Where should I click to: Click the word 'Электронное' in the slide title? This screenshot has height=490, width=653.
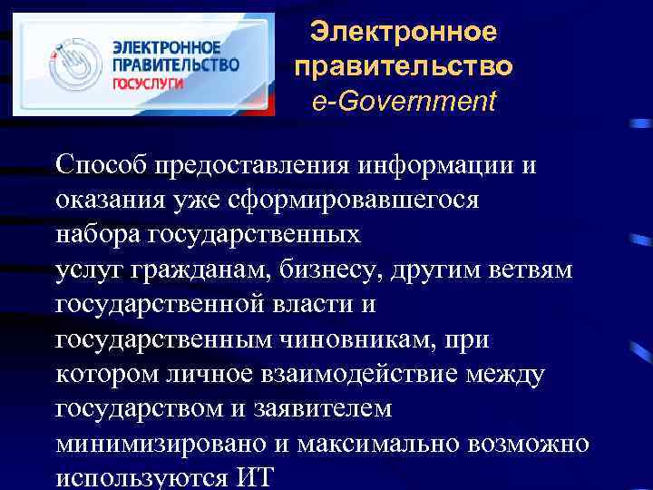click(404, 33)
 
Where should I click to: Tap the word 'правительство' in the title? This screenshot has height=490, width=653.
click(404, 67)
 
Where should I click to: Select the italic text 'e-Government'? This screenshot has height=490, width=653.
click(404, 101)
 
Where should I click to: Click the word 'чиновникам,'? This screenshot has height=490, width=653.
click(355, 338)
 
